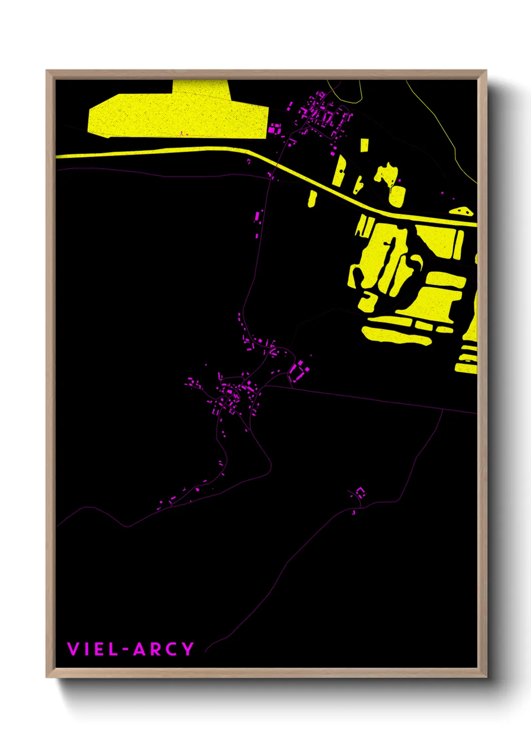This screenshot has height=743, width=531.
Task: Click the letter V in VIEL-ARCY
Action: pos(73,649)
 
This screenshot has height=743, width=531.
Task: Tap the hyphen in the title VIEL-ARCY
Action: pos(125,650)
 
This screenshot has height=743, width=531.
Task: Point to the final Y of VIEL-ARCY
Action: pos(188,649)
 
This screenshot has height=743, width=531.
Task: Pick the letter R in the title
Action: pos(156,649)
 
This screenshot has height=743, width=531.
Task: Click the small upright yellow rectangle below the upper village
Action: pos(364,145)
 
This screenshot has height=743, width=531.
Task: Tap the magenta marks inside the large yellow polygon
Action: pos(184,134)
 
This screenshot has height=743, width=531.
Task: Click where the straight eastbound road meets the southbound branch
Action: pos(442,409)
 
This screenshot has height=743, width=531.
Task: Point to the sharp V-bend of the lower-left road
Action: pos(127,527)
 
